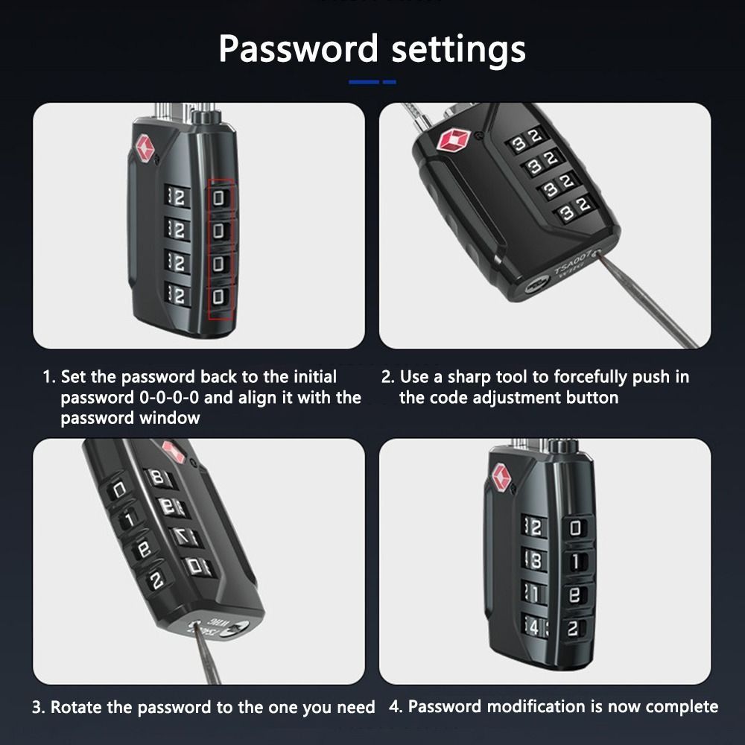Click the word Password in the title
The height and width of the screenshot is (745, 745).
(x=299, y=50)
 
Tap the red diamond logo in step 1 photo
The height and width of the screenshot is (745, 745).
(x=143, y=147)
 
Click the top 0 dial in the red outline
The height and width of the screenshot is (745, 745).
(x=219, y=197)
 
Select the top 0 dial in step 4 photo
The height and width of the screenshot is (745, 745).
(x=574, y=529)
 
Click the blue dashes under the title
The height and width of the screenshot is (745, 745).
(x=372, y=81)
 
